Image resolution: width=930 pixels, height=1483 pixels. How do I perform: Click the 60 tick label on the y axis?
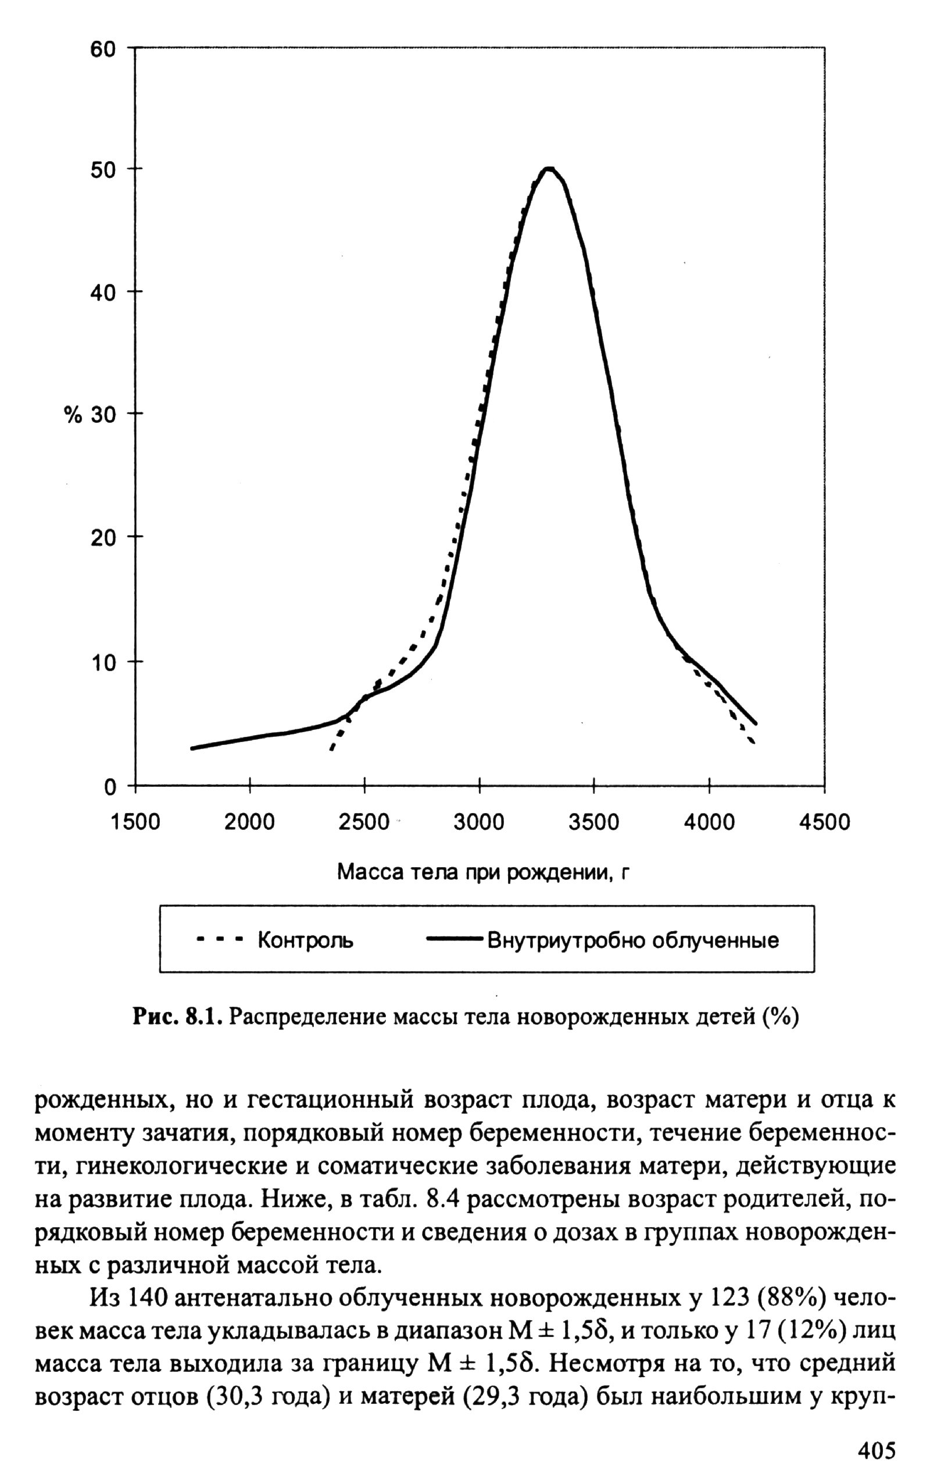tap(103, 49)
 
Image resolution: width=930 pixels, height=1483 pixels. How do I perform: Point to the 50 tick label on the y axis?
tap(103, 170)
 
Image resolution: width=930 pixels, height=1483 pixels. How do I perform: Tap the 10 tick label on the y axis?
tap(103, 663)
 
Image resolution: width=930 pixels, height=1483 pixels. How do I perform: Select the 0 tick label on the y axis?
tap(110, 787)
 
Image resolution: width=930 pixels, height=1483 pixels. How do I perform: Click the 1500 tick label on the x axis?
tap(135, 822)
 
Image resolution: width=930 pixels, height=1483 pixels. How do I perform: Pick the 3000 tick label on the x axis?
tap(478, 822)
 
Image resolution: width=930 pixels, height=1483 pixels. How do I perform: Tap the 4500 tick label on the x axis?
tap(824, 822)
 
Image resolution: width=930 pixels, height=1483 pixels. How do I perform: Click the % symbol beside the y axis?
tap(73, 415)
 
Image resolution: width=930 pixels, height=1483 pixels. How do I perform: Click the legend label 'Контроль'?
tap(305, 940)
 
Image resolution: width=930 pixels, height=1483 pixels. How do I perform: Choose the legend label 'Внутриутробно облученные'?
tap(633, 940)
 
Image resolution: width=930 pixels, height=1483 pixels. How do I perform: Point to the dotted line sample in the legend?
tap(220, 940)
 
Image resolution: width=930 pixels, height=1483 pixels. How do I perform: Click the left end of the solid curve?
tap(192, 748)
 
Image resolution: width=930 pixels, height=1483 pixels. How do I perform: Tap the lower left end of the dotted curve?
tap(331, 749)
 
